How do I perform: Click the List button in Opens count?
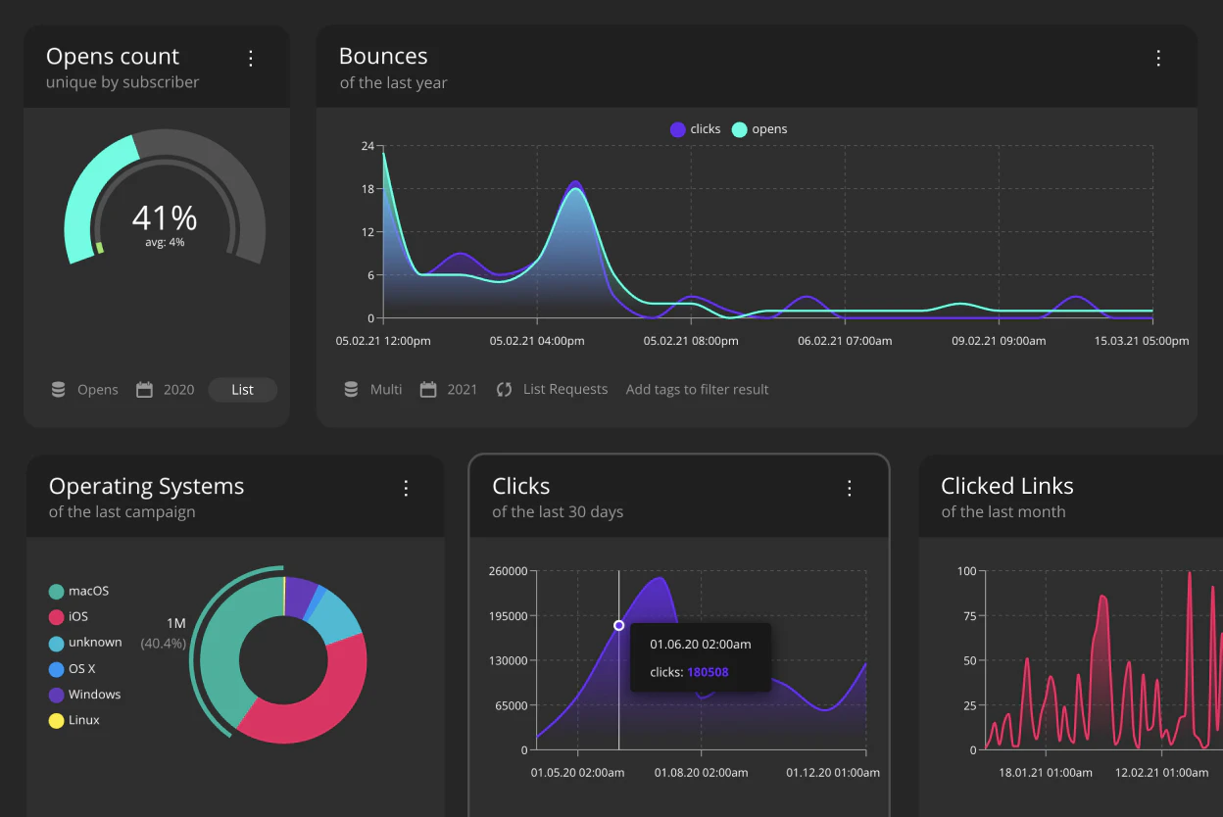(242, 390)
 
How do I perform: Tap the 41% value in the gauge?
(165, 217)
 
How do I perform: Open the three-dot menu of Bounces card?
(1158, 58)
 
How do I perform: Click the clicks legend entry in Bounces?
(696, 129)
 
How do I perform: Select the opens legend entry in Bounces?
(759, 129)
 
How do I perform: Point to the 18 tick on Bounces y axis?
(367, 189)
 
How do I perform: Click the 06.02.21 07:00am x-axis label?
(845, 341)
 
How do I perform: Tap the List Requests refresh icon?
(504, 390)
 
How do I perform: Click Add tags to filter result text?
(697, 390)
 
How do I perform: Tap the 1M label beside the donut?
(175, 624)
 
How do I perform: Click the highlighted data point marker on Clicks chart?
(618, 625)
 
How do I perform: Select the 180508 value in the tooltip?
(708, 672)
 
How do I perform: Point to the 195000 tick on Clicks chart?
(508, 616)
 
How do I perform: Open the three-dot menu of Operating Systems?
(406, 488)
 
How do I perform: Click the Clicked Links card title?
(1006, 486)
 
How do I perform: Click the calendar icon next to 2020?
(144, 390)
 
